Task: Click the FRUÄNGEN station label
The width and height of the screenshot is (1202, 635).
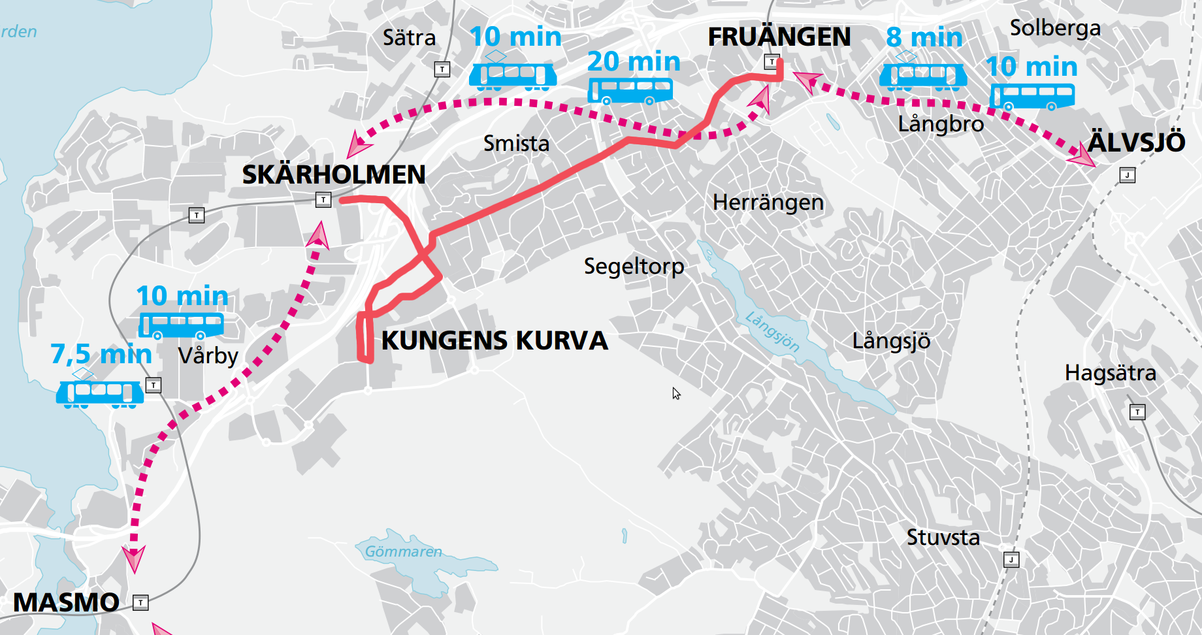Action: (779, 37)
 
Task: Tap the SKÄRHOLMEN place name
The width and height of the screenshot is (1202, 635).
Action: (333, 175)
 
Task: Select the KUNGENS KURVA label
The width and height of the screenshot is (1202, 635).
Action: (495, 341)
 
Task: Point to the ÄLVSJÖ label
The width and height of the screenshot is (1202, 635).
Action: (1136, 142)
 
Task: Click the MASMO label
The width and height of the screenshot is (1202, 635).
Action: (66, 602)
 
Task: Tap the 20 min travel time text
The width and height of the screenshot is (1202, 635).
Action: (633, 62)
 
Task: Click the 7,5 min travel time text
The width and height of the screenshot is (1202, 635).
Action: (101, 355)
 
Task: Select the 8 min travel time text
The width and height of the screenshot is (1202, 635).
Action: (924, 38)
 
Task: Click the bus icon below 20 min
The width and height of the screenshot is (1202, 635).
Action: (630, 91)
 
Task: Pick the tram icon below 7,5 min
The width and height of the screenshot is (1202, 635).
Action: (99, 393)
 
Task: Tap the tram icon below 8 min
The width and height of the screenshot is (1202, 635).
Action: (922, 75)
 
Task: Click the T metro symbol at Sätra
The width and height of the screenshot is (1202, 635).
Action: (442, 69)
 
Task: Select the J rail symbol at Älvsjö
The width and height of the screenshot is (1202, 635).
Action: (1127, 175)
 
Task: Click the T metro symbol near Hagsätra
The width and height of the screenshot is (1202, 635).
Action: (1137, 412)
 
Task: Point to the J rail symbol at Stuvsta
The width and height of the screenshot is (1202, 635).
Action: (1011, 560)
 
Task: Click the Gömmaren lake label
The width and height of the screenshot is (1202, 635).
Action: (403, 552)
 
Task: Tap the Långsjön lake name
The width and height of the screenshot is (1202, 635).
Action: (773, 332)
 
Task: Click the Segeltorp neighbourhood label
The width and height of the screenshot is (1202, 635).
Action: (634, 267)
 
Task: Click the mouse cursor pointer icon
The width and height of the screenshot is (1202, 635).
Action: (676, 393)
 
